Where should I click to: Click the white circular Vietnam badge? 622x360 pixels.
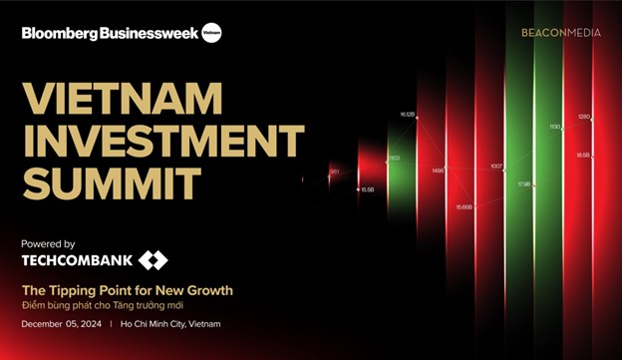(210, 33)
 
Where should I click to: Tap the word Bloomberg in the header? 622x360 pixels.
(60, 33)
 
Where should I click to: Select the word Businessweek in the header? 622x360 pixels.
(148, 33)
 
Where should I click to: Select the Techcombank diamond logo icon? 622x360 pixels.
(153, 261)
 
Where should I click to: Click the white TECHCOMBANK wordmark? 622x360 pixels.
(76, 261)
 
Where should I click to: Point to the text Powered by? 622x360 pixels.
(48, 243)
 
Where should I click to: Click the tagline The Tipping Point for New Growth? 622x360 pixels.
(127, 289)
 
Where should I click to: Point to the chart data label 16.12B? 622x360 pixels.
(407, 114)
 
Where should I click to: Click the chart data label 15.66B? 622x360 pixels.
(465, 206)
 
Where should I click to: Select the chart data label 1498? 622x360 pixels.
(439, 170)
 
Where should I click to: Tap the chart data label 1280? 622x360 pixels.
(584, 117)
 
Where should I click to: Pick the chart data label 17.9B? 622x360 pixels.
(524, 184)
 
